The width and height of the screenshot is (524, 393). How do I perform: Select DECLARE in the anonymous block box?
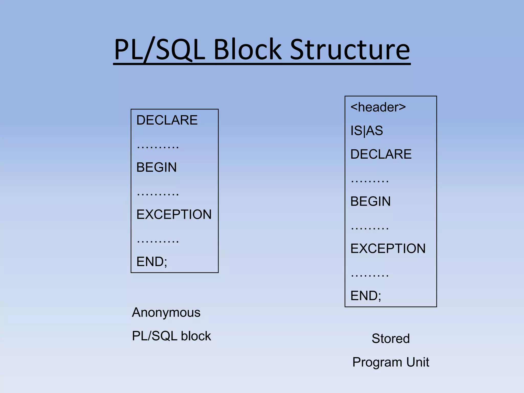167,120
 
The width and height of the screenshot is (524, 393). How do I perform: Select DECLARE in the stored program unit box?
381,154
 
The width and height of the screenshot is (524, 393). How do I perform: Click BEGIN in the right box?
370,201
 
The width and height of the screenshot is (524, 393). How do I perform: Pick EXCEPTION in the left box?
174,214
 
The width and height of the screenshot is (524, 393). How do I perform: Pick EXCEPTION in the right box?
388,248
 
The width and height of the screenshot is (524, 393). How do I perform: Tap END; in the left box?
152,261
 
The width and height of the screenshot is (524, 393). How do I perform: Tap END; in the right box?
366,296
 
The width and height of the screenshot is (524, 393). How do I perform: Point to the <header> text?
378,107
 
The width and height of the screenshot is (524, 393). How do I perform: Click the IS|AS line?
366,130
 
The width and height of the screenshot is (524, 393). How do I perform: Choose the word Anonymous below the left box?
166,312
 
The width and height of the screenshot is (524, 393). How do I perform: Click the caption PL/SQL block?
171,336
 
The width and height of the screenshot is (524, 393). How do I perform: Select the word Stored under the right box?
390,339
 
